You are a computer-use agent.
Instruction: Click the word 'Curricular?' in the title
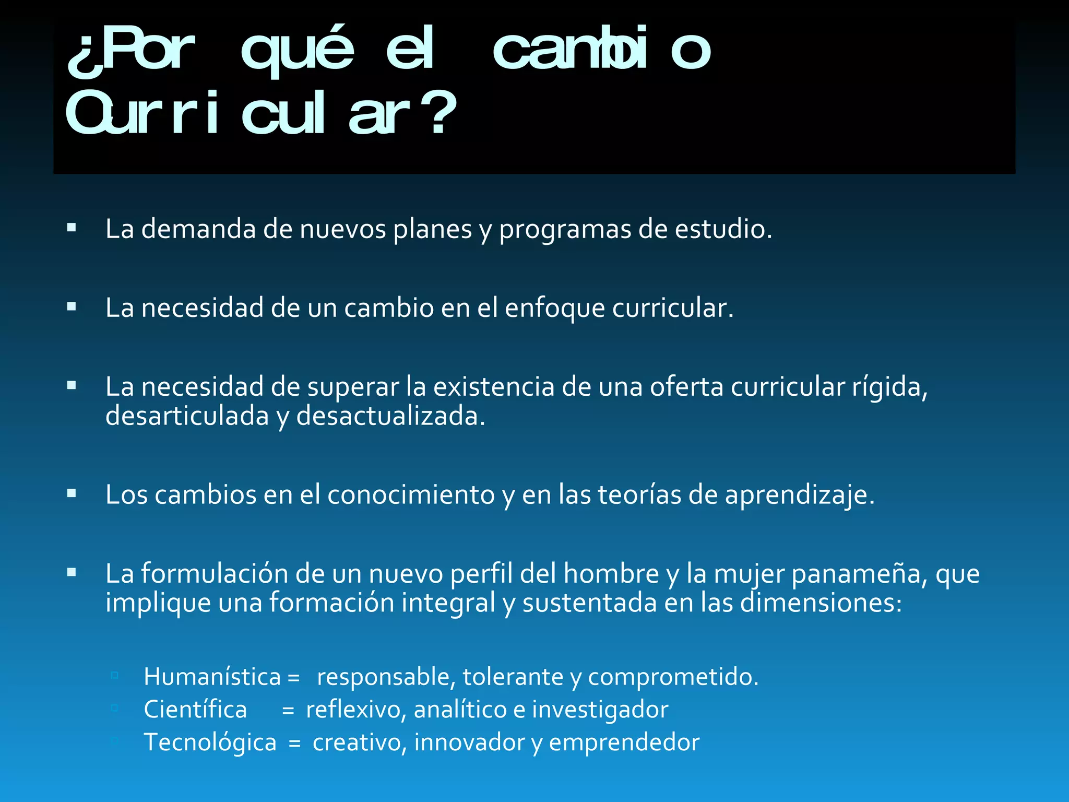pyautogui.click(x=261, y=113)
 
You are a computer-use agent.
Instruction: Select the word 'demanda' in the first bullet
pyautogui.click(x=198, y=229)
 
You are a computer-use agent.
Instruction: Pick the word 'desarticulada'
pyautogui.click(x=187, y=416)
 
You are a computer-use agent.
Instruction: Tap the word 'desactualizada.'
pyautogui.click(x=391, y=416)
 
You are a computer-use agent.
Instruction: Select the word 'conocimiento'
pyautogui.click(x=411, y=494)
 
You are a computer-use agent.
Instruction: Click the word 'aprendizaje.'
pyautogui.click(x=800, y=494)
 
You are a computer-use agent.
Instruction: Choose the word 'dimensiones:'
pyautogui.click(x=821, y=603)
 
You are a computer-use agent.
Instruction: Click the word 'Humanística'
pyautogui.click(x=212, y=677)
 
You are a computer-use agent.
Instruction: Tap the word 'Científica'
pyautogui.click(x=195, y=710)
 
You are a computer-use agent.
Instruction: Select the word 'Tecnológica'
pyautogui.click(x=210, y=742)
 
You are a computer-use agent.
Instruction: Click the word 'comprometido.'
pyautogui.click(x=673, y=677)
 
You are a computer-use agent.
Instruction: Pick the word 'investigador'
pyautogui.click(x=600, y=710)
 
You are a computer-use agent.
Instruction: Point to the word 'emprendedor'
pyautogui.click(x=624, y=742)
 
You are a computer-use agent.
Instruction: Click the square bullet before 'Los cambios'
pyautogui.click(x=72, y=493)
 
